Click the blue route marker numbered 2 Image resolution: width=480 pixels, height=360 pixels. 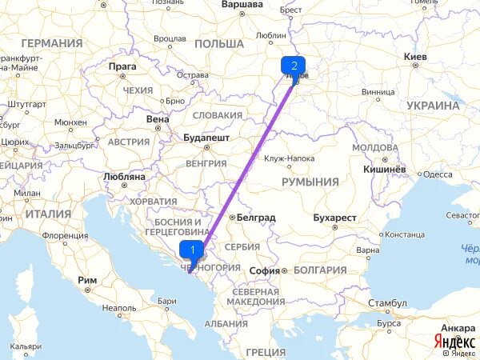click(294, 66)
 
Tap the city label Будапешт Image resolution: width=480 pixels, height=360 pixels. click(206, 137)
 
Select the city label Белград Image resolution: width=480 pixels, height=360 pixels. click(256, 217)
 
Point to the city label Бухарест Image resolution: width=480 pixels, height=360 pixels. click(334, 217)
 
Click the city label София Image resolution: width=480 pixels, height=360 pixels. click(264, 270)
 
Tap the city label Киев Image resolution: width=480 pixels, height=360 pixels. click(421, 57)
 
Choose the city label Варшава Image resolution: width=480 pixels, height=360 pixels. click(242, 4)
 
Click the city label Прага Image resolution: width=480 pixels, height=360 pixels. click(123, 66)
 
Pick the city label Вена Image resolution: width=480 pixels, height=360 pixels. click(158, 118)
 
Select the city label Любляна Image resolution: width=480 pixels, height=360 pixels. click(124, 175)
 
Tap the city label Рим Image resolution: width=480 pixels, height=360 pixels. click(87, 280)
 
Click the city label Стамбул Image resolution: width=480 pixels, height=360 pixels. click(387, 304)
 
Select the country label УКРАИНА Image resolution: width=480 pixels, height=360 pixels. click(433, 105)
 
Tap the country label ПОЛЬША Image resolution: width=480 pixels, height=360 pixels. click(218, 43)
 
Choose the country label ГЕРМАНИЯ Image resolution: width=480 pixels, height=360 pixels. click(53, 43)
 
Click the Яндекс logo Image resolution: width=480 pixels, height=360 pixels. click(454, 340)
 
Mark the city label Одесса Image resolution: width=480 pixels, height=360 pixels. click(438, 174)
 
